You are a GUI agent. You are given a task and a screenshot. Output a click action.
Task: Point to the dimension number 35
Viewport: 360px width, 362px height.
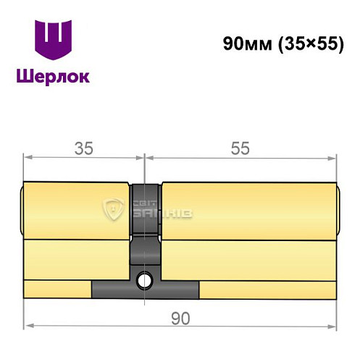[x=84, y=148]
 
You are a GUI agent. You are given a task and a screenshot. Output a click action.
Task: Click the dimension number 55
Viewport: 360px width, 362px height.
[x=240, y=148]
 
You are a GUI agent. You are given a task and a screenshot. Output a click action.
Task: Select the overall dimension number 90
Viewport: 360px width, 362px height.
[x=181, y=319]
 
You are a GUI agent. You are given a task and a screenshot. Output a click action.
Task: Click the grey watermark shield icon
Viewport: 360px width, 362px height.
[x=114, y=211]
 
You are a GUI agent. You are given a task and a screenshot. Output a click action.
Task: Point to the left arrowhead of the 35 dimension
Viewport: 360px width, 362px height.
[x=28, y=156]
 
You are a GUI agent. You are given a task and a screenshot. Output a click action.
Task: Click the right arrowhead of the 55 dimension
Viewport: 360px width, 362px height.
[x=335, y=156]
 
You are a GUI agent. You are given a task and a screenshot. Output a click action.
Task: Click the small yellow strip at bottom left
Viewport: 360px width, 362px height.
[x=58, y=289]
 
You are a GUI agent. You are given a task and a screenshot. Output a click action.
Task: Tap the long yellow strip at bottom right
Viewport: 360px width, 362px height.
[x=268, y=289]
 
